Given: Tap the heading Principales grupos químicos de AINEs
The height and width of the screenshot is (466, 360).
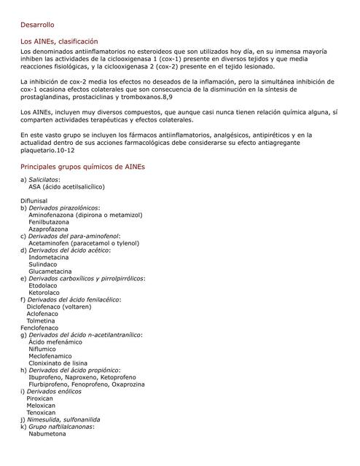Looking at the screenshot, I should tap(82, 167).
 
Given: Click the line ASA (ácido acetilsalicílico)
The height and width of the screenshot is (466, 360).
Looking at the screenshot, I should tap(66, 186).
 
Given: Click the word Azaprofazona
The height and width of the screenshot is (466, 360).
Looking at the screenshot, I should tap(50, 229).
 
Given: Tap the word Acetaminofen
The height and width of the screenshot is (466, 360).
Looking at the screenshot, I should tap(52, 243).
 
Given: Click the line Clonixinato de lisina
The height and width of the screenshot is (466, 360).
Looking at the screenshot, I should tap(58, 363).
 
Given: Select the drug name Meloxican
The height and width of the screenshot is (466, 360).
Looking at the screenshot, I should tap(42, 406).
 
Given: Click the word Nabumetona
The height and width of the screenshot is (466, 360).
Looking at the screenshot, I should tap(48, 434).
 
